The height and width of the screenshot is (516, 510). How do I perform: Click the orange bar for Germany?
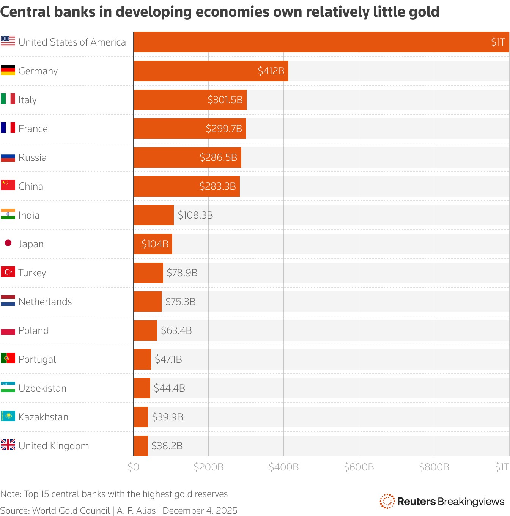[x=211, y=71]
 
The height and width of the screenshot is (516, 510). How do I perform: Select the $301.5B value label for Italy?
[x=225, y=100]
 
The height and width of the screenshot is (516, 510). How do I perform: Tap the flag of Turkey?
[x=8, y=272]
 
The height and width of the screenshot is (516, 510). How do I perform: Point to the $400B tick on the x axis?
[x=283, y=467]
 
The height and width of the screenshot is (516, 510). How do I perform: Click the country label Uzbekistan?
[x=42, y=388]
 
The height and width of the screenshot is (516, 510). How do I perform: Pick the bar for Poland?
[x=145, y=330]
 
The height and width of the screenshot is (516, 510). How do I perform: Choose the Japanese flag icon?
[x=8, y=243]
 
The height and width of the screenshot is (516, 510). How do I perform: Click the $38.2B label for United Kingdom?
[x=167, y=446]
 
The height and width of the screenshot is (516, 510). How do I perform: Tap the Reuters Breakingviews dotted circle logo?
[x=387, y=501]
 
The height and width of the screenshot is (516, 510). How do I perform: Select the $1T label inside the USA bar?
[x=498, y=42]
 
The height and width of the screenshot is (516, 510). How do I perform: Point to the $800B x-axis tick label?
[x=434, y=467]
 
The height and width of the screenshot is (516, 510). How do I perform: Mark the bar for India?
[x=153, y=215]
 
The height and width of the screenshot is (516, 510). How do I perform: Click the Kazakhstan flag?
[x=8, y=416]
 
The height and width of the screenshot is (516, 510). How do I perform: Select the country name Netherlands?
[x=45, y=302]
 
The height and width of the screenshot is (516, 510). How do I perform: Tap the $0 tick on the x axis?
[x=134, y=467]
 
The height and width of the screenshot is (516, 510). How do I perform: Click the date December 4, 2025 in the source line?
[x=200, y=511]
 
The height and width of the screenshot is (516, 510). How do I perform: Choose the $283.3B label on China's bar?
[x=217, y=186]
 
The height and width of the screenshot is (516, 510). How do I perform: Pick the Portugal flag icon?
[x=8, y=359]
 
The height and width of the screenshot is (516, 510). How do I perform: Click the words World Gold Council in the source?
[x=71, y=511]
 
